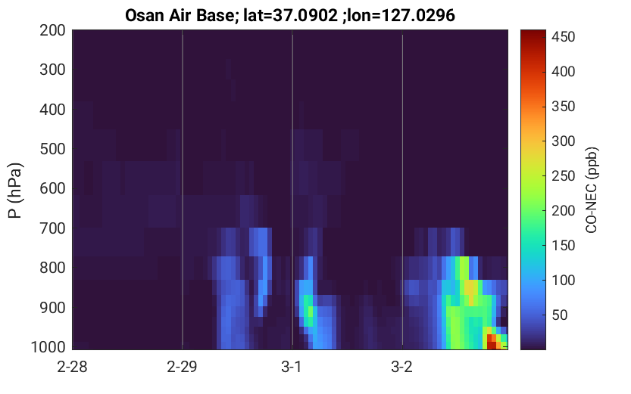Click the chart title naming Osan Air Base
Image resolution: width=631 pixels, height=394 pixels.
click(x=289, y=15)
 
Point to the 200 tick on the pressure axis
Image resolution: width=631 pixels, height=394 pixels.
click(x=52, y=30)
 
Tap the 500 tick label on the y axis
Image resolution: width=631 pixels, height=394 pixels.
click(x=52, y=149)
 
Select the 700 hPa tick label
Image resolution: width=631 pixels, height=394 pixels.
click(x=52, y=228)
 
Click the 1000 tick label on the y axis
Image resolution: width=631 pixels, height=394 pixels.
click(x=48, y=347)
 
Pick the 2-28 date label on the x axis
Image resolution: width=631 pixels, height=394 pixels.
click(x=72, y=367)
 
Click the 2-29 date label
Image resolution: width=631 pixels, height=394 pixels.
click(x=182, y=367)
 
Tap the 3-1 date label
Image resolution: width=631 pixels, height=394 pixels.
click(x=292, y=367)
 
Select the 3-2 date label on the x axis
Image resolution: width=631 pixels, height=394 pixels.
click(x=401, y=367)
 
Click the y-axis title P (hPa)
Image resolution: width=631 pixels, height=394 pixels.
click(x=15, y=191)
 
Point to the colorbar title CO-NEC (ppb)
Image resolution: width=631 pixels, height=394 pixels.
click(x=592, y=190)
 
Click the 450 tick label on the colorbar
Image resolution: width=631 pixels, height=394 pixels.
click(x=563, y=37)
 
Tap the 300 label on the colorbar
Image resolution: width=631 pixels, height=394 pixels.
click(x=563, y=141)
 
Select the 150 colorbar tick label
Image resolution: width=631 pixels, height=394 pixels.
click(x=563, y=245)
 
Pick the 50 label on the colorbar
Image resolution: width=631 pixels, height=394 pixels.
click(x=559, y=315)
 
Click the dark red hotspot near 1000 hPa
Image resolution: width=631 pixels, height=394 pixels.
click(x=491, y=342)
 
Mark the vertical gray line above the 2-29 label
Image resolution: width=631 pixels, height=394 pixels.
click(x=183, y=190)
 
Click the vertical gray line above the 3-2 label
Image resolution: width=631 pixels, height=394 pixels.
click(x=402, y=190)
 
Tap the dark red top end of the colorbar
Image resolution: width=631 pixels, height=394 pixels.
click(x=533, y=33)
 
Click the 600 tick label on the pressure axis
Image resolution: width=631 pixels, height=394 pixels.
click(x=52, y=188)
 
